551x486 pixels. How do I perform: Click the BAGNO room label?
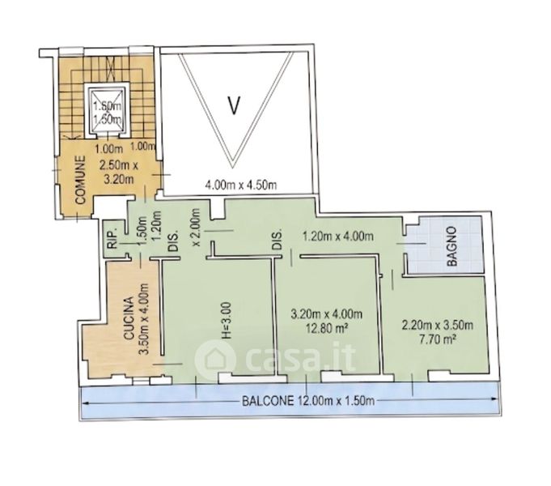click(x=452, y=246)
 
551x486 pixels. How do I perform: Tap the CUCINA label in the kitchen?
click(x=129, y=318)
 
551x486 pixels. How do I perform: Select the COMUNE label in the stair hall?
click(x=80, y=180)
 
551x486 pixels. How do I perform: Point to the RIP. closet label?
click(x=112, y=241)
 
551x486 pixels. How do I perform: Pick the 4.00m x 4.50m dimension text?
click(x=241, y=185)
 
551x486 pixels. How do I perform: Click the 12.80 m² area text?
click(x=327, y=328)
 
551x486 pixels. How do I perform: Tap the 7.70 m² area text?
click(x=438, y=339)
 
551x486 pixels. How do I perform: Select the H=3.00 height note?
click(x=227, y=320)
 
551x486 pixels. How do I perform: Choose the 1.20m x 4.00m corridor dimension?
click(x=338, y=237)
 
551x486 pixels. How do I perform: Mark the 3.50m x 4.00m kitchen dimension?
click(x=144, y=318)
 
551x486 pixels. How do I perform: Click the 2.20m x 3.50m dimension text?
click(x=438, y=325)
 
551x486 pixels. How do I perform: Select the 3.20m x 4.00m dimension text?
click(x=327, y=313)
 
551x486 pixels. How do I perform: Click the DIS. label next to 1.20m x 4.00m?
click(x=278, y=241)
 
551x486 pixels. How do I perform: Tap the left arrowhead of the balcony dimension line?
click(x=85, y=402)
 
